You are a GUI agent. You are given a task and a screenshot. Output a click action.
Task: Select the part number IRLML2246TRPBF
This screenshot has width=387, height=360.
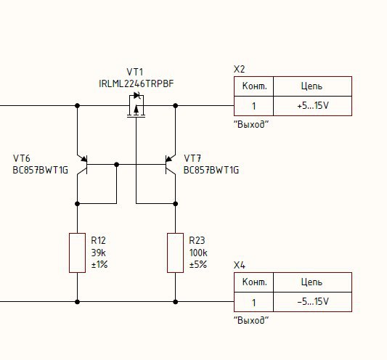(x=137, y=84)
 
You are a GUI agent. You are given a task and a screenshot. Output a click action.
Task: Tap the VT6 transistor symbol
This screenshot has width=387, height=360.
(x=82, y=165)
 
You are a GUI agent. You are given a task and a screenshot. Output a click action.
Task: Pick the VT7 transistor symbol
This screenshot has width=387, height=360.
(x=171, y=165)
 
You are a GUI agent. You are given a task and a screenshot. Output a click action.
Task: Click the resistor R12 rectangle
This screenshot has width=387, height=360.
(x=77, y=253)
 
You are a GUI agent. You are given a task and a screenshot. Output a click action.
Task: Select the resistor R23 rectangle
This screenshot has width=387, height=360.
(x=175, y=253)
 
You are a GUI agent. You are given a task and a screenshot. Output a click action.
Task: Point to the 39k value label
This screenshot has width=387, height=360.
(x=99, y=253)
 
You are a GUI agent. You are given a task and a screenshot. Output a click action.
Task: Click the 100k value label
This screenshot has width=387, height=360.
(x=198, y=253)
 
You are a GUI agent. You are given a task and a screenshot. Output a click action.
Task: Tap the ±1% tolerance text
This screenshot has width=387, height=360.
(x=99, y=264)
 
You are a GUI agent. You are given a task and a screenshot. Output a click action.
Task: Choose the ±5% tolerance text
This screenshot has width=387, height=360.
(x=198, y=264)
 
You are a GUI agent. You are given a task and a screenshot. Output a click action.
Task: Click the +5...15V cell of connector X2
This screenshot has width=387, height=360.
(x=313, y=106)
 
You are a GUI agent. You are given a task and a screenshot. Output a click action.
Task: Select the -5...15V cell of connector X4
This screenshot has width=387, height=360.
(x=313, y=302)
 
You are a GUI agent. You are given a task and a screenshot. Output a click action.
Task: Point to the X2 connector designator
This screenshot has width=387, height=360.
(x=239, y=70)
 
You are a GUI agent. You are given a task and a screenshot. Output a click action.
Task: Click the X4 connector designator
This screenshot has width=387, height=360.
(x=239, y=265)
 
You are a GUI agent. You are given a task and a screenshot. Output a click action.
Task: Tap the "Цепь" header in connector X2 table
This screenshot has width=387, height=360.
(x=311, y=86)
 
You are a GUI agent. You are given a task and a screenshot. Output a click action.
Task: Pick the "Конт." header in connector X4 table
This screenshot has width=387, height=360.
(x=254, y=282)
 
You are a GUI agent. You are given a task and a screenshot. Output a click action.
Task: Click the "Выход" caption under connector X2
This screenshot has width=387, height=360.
(x=250, y=124)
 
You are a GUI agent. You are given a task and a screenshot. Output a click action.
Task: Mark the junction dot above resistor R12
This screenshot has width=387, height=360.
(x=77, y=204)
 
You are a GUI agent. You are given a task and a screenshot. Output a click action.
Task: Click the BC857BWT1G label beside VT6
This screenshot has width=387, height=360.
(x=40, y=171)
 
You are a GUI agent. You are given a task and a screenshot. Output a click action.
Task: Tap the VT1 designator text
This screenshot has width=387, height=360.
(x=135, y=72)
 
